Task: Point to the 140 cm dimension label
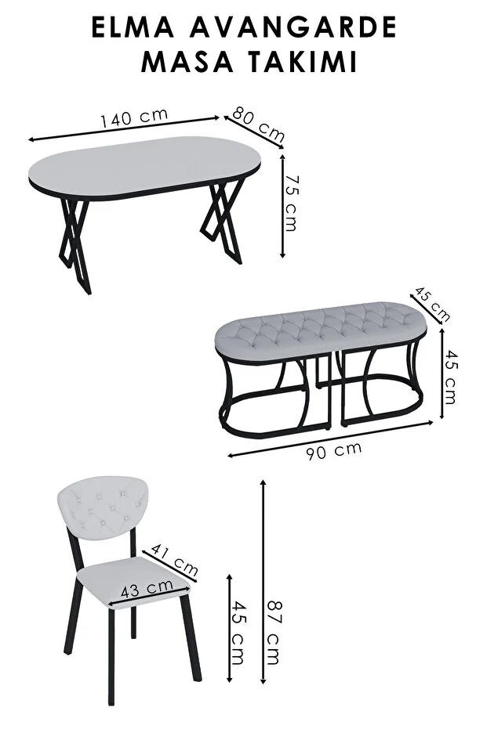pyautogui.click(x=134, y=117)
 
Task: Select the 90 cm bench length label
pyautogui.click(x=334, y=450)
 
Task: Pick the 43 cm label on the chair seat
pyautogui.click(x=147, y=587)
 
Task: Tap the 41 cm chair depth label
pyautogui.click(x=175, y=559)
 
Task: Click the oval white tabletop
pyautogui.click(x=144, y=167)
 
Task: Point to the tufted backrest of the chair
pyautogui.click(x=103, y=508)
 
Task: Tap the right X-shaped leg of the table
pyautogui.click(x=222, y=220)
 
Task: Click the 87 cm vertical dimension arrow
pyautogui.click(x=263, y=582)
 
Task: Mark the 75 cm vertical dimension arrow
pyautogui.click(x=282, y=206)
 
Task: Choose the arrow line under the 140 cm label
pyautogui.click(x=124, y=128)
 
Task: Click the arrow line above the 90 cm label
pyautogui.click(x=331, y=438)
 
